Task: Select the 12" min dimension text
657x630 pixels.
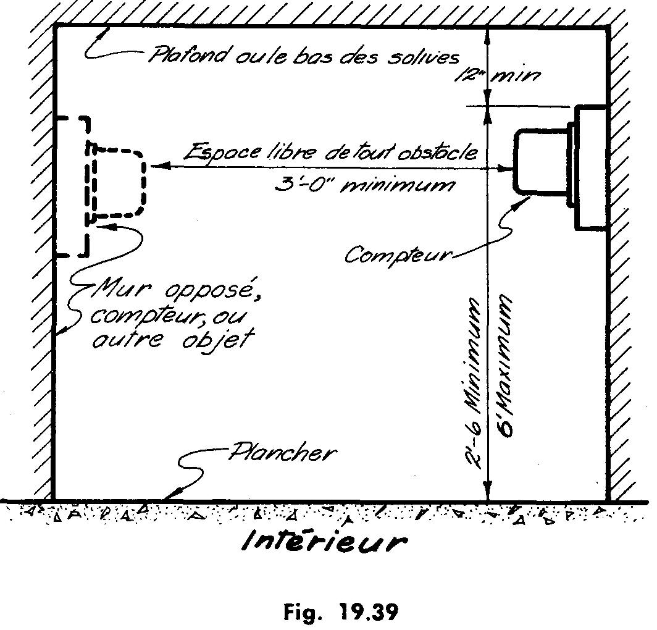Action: [497, 75]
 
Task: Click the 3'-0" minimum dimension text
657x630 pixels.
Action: [364, 185]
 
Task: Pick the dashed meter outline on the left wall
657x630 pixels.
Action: [117, 183]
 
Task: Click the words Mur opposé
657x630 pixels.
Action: [176, 289]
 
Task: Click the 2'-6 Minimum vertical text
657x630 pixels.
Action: [474, 382]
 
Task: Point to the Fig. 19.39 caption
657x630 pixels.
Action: [341, 612]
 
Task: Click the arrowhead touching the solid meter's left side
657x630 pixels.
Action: [506, 169]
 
